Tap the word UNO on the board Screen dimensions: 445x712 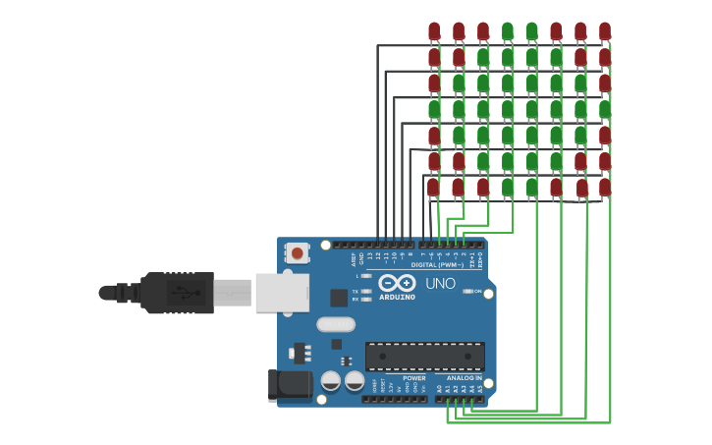440,283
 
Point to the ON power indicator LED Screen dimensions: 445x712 467,291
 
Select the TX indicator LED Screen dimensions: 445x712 365,291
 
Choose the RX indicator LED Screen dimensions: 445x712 365,299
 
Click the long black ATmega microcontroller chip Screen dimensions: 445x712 424,356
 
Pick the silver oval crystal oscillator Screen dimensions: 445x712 336,324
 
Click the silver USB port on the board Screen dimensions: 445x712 282,292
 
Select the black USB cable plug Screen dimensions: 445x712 177,293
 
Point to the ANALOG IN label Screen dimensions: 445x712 465,378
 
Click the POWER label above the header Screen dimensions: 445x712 414,378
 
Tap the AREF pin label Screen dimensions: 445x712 354,258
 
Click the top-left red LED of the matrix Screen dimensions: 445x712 434,31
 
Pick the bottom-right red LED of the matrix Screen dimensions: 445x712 605,186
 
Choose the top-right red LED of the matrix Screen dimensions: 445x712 605,31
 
